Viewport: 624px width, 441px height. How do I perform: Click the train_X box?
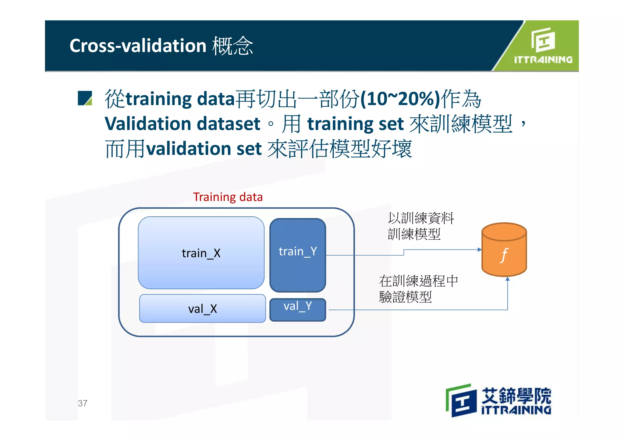(201, 253)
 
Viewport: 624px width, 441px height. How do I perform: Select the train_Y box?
(298, 255)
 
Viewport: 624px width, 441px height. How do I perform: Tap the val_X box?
(202, 309)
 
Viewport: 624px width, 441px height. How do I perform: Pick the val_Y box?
(298, 309)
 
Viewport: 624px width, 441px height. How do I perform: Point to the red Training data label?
(228, 197)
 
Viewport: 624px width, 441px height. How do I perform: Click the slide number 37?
(83, 403)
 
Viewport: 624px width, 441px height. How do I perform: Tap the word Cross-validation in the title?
(138, 46)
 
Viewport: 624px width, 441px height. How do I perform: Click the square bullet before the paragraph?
(85, 98)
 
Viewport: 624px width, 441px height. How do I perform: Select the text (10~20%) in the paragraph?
(400, 99)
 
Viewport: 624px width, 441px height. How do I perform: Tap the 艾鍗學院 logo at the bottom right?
(498, 400)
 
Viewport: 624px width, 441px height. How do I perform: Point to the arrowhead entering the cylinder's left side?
(480, 250)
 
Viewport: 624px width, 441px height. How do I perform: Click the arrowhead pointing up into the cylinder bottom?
(507, 279)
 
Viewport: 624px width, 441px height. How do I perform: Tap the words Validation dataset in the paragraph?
(182, 124)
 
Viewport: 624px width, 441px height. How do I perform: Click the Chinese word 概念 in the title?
(233, 46)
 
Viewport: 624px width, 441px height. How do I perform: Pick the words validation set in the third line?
(204, 149)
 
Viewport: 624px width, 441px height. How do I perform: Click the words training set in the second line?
(355, 124)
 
